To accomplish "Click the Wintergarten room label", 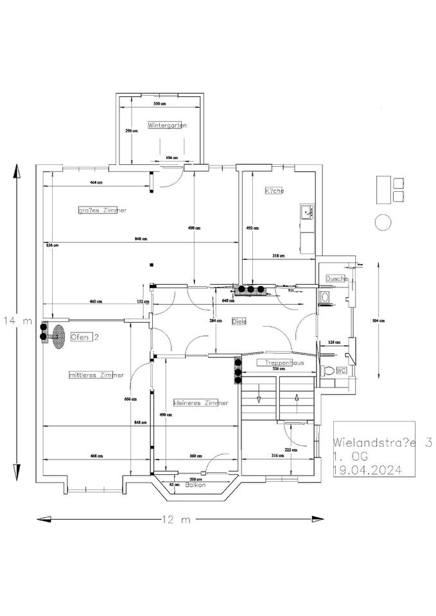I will point(167,126).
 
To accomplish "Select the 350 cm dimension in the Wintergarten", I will point(160,104).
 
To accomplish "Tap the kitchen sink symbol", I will point(306,210).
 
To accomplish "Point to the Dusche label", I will point(336,279).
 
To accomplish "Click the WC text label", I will point(342,370).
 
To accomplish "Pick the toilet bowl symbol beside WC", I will point(329,371).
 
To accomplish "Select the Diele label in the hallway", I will point(239,321).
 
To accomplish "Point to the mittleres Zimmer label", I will point(96,375).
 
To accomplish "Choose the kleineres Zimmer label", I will point(200,403).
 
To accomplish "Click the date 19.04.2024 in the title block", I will point(367,470).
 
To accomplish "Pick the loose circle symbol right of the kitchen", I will point(383,222).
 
